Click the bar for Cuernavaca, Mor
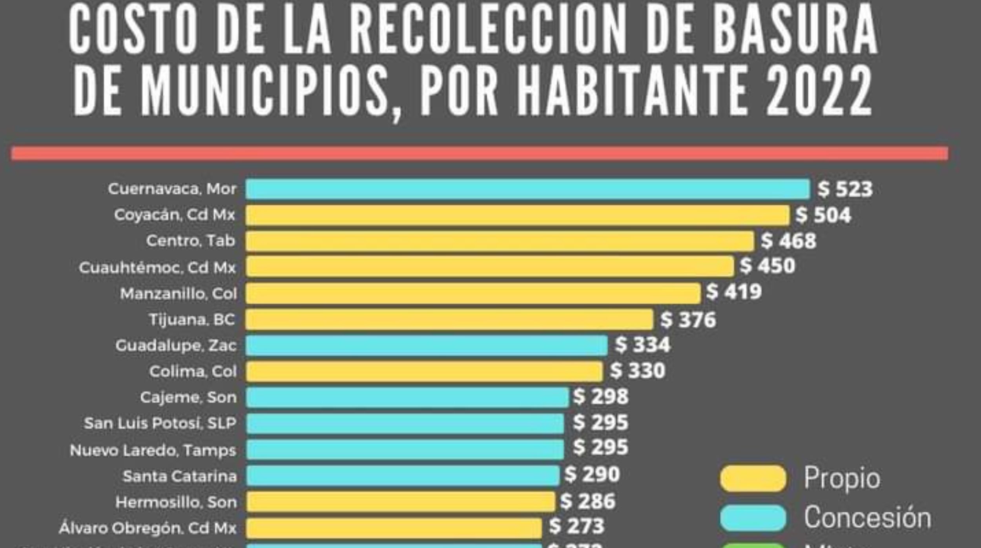527,189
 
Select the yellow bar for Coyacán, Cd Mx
517,215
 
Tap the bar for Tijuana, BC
449,319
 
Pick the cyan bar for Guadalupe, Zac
427,345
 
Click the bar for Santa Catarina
403,475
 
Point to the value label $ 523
845,189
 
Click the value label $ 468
789,240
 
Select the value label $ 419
734,292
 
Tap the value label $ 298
601,396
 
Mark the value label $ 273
576,526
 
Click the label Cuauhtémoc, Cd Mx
157,268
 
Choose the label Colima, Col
193,371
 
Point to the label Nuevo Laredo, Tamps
153,450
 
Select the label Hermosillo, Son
176,502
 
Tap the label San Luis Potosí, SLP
160,423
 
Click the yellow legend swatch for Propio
753,478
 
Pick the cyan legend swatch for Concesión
753,518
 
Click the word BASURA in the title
795,29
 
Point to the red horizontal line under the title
480,153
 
